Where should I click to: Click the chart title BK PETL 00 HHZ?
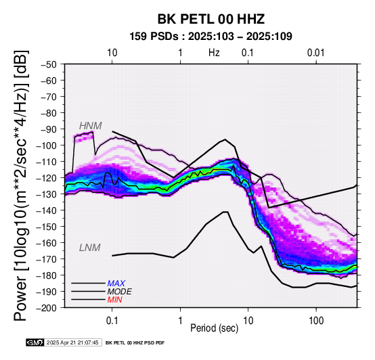tap(211, 19)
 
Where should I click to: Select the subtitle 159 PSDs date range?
tap(211, 37)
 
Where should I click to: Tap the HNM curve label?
tap(91, 126)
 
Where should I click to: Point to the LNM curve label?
tap(89, 248)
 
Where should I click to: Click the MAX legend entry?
tap(116, 284)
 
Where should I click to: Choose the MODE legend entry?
tap(119, 292)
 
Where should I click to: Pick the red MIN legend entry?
tap(114, 300)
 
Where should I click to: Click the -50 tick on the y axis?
tap(49, 64)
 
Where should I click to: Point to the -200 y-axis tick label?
tap(47, 308)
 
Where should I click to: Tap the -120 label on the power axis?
tap(47, 178)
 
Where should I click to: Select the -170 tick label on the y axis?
tap(47, 259)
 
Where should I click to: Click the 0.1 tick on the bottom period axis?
tap(112, 320)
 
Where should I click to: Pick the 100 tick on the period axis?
tap(316, 320)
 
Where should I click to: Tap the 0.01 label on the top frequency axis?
tap(316, 53)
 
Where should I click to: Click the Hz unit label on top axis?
tap(214, 53)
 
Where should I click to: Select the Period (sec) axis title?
tap(215, 328)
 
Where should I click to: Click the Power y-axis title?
tap(20, 185)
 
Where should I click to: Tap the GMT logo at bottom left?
tap(35, 342)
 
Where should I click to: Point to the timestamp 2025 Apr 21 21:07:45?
tap(72, 342)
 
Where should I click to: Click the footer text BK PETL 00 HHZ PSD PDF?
tap(135, 343)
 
